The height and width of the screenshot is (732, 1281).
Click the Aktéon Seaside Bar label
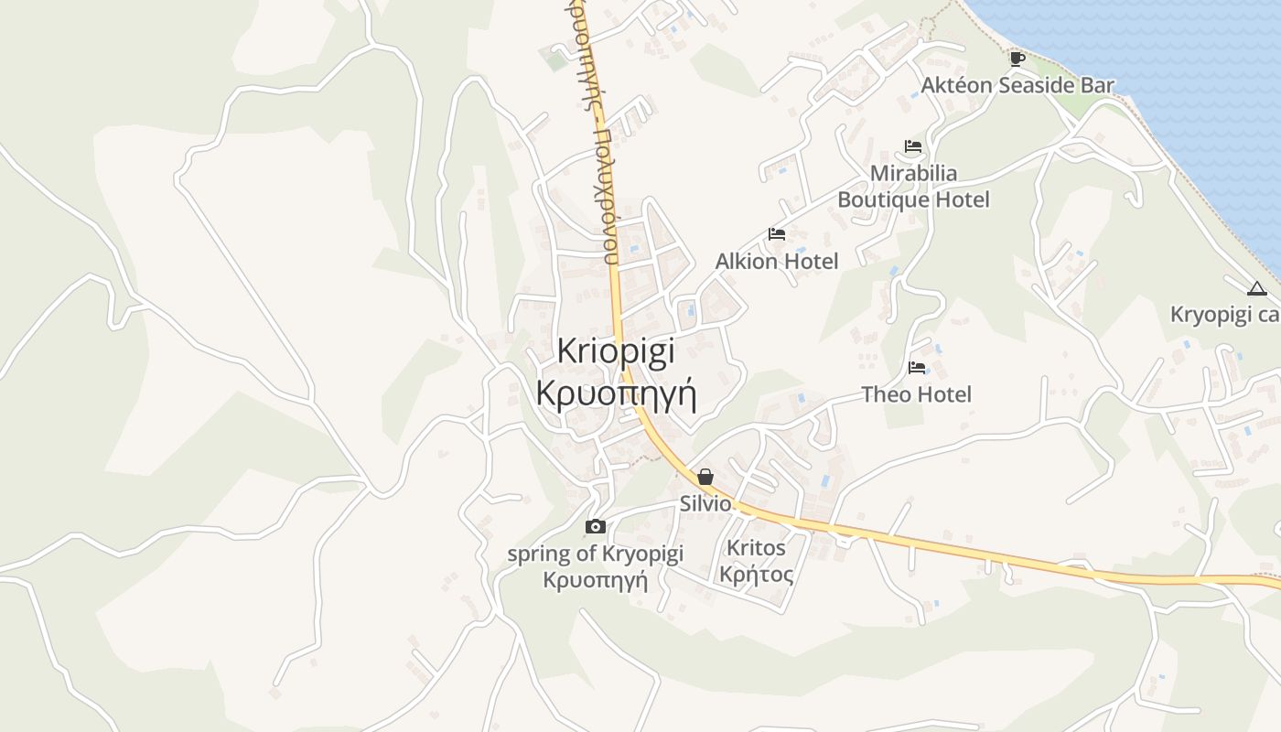tap(1017, 86)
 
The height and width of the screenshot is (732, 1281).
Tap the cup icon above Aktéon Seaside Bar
tap(1017, 59)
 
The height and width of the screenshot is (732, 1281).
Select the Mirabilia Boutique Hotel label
tap(913, 187)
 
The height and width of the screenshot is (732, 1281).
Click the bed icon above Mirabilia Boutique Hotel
tap(912, 146)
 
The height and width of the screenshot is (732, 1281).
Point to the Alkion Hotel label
tap(777, 262)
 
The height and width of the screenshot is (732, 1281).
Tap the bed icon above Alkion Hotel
tap(777, 234)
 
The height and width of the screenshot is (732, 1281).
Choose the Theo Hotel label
tap(916, 394)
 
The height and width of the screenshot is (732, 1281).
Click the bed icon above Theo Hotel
tap(916, 368)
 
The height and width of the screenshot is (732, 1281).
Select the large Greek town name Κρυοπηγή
tap(616, 394)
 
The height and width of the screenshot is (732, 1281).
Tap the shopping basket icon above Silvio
tap(705, 477)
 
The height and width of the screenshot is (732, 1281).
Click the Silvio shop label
tap(705, 503)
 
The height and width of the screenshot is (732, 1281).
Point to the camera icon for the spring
tap(595, 526)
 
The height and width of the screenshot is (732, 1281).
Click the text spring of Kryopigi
tap(595, 554)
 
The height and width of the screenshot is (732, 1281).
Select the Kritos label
tap(756, 548)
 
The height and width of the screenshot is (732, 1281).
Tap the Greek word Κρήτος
tap(756, 575)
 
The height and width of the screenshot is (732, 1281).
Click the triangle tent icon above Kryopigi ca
tap(1257, 289)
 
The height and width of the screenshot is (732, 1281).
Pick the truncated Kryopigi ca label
tap(1224, 315)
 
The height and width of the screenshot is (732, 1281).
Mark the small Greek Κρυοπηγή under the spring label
tap(595, 580)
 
